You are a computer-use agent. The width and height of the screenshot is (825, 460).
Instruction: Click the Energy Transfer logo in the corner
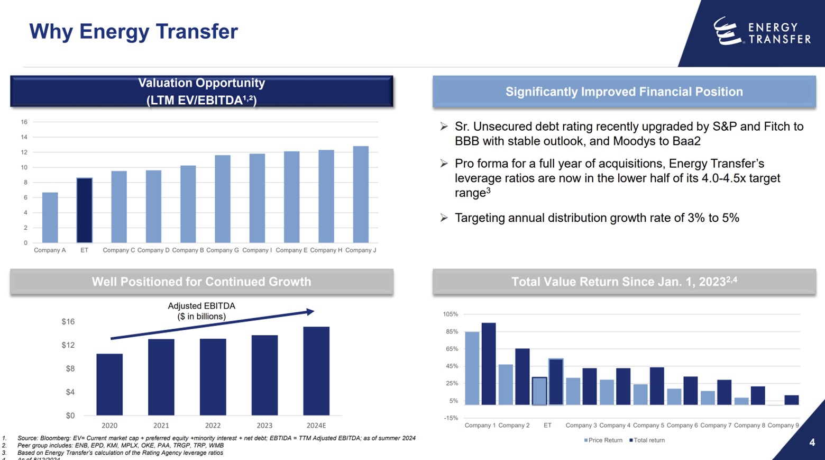[x=762, y=32]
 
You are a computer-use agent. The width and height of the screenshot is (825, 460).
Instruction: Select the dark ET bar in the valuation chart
[x=84, y=210]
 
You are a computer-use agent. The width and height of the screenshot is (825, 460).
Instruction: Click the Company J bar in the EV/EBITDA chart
[x=361, y=194]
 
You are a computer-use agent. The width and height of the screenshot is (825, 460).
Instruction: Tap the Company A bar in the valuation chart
[x=50, y=218]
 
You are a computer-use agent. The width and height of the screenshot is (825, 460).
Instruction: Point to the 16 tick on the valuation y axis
[x=24, y=122]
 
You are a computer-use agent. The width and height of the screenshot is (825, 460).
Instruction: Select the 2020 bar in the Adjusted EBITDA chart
[x=109, y=384]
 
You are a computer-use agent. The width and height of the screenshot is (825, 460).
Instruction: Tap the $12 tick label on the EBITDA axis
[x=68, y=345]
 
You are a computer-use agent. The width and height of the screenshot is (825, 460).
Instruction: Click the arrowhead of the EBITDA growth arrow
[x=311, y=312]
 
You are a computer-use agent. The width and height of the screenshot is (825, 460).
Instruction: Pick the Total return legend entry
[x=647, y=440]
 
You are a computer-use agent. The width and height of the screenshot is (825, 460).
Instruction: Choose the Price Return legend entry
[x=603, y=440]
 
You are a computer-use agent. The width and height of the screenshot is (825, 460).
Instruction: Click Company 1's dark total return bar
[x=488, y=364]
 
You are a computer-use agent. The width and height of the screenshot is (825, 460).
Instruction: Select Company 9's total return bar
[x=791, y=400]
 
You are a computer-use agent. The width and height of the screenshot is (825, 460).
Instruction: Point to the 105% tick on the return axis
[x=450, y=314]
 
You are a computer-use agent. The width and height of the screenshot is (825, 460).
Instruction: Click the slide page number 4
[x=812, y=443]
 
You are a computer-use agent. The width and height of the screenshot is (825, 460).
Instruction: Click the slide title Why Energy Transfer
[x=133, y=31]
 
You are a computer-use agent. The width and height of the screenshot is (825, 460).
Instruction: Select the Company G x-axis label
[x=222, y=250]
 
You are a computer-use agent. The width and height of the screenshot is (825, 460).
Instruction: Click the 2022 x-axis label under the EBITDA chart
[x=213, y=426]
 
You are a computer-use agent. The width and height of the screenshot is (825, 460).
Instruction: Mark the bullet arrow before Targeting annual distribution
[x=444, y=218]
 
